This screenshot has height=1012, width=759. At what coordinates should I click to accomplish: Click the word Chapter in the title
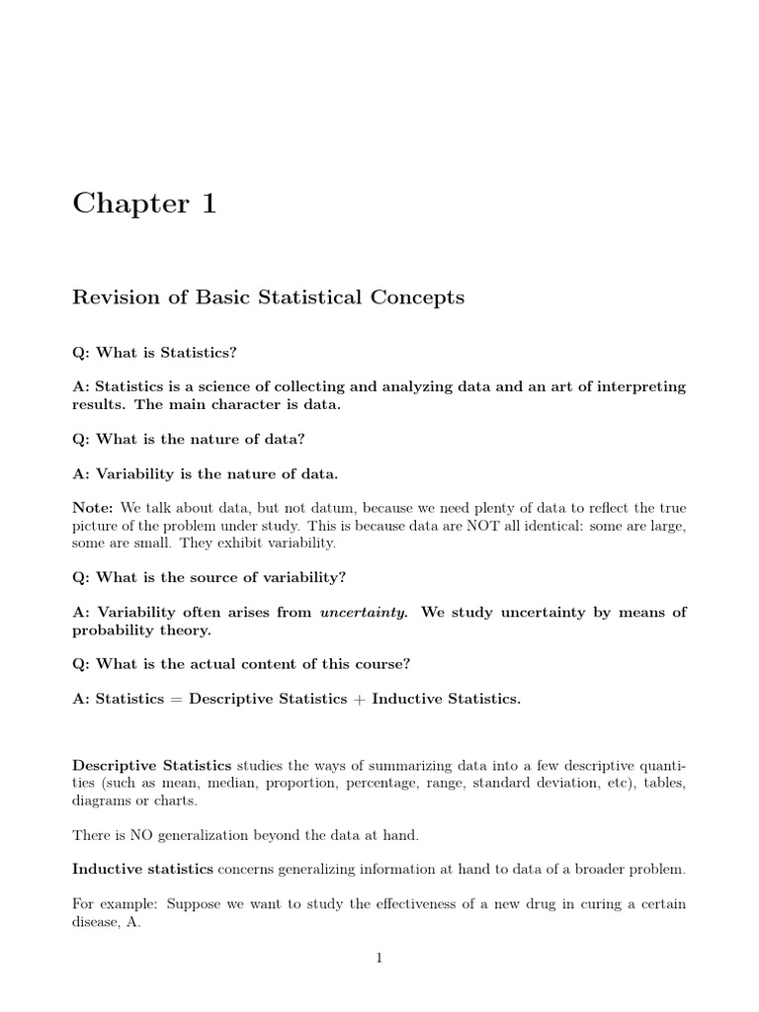coord(129,205)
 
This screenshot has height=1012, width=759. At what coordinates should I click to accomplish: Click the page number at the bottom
coord(379,958)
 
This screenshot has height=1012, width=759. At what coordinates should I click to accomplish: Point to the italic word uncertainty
coord(363,612)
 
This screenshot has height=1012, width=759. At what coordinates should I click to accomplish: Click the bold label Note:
coord(94,507)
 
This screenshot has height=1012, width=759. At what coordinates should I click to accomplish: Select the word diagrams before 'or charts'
coord(102,801)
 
